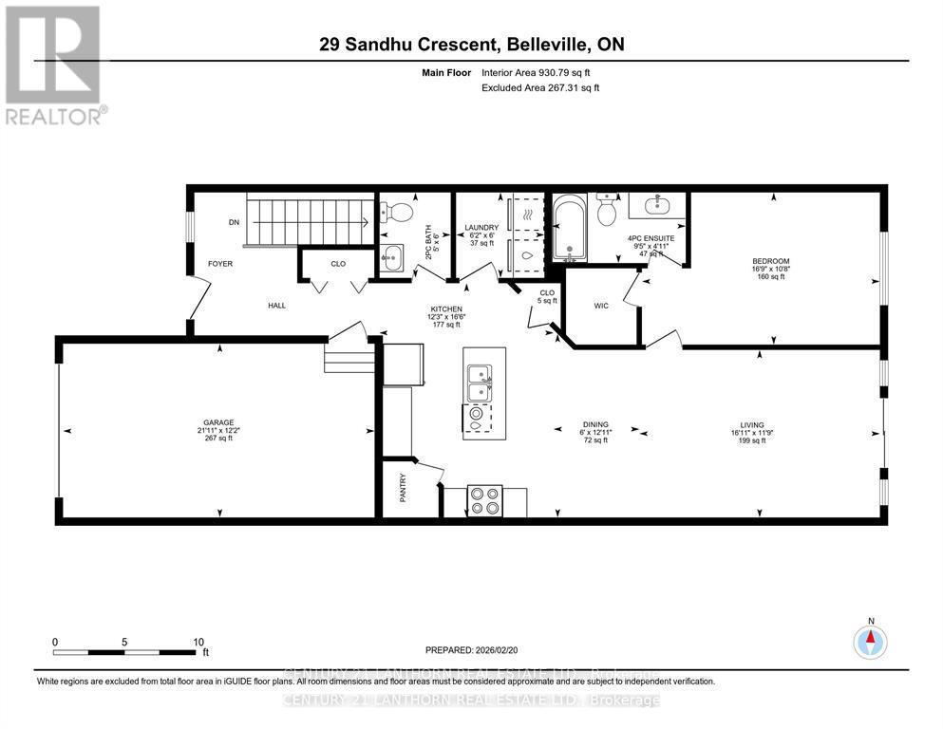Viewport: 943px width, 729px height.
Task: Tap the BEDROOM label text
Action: pyautogui.click(x=771, y=261)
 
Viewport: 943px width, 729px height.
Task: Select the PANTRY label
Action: pyautogui.click(x=403, y=488)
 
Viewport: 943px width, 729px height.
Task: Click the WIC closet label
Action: pyautogui.click(x=600, y=307)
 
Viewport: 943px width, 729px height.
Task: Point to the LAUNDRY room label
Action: pyautogui.click(x=481, y=228)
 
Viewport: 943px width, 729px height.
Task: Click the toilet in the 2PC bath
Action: pyautogui.click(x=397, y=212)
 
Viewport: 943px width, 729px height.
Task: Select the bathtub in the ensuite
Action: pyautogui.click(x=571, y=228)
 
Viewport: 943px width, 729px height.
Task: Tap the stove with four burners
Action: pyautogui.click(x=485, y=500)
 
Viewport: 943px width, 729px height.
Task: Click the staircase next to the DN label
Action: pyautogui.click(x=309, y=220)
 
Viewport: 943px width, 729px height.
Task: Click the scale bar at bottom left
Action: pyautogui.click(x=127, y=652)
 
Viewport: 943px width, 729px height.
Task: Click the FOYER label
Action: pyautogui.click(x=220, y=264)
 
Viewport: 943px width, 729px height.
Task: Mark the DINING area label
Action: pyautogui.click(x=596, y=424)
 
